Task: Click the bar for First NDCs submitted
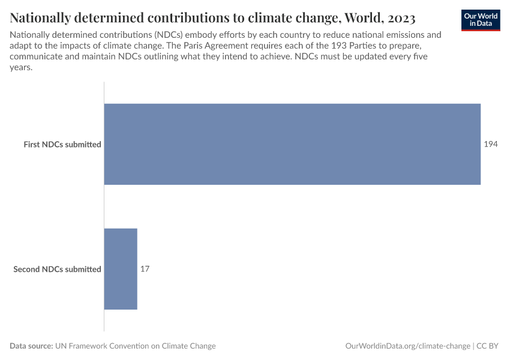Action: [292, 144]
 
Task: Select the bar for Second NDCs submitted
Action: [121, 269]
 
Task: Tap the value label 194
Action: [491, 145]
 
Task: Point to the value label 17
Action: [145, 269]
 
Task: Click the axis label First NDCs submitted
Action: [62, 145]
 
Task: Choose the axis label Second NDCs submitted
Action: [57, 269]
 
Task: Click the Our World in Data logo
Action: [480, 19]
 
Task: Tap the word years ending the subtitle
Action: [20, 68]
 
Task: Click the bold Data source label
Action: [31, 346]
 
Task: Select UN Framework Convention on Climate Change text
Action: [136, 346]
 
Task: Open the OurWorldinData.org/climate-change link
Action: [407, 346]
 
